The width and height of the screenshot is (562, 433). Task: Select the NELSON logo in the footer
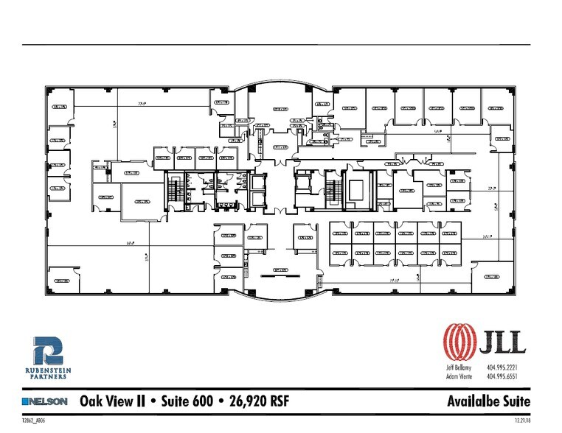[x=46, y=401]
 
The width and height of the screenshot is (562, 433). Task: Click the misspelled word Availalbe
[x=470, y=401]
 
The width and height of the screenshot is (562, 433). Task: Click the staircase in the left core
[x=174, y=190]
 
